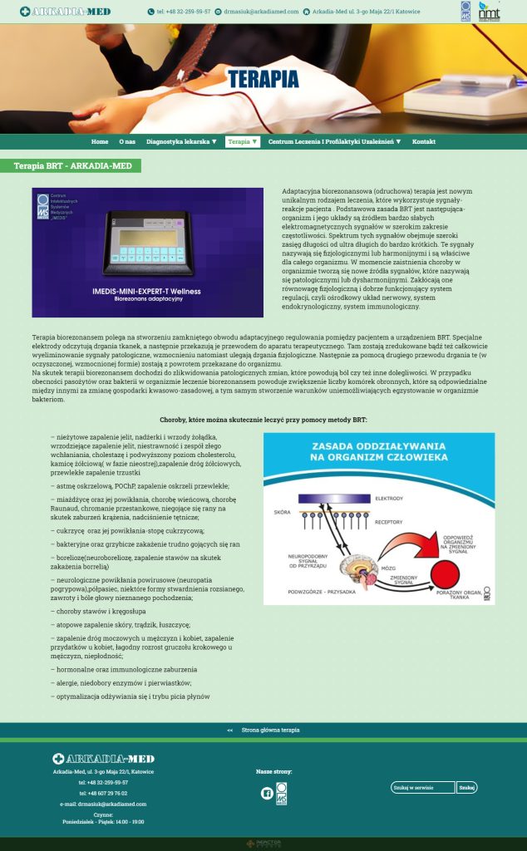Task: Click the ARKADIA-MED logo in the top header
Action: (65, 12)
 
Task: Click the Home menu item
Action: (100, 142)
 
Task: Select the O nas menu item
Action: (127, 142)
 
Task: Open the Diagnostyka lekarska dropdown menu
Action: (181, 142)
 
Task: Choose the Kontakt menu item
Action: (424, 142)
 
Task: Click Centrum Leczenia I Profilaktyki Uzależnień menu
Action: (334, 142)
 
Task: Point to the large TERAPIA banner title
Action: (263, 80)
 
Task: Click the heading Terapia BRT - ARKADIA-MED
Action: (72, 166)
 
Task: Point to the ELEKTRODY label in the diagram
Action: (389, 498)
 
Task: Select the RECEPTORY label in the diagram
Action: (389, 523)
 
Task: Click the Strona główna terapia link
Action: (270, 730)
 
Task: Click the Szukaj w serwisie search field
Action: (423, 788)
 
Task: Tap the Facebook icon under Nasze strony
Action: (267, 794)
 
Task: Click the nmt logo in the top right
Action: (490, 12)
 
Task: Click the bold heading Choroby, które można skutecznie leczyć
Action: (263, 420)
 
